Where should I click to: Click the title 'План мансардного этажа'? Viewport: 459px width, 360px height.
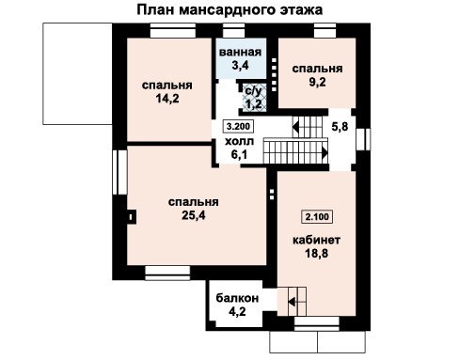[229, 9]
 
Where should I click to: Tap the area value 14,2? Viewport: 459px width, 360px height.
[167, 99]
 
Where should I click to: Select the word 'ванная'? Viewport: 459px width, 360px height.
[240, 52]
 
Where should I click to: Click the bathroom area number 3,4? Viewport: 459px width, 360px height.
[240, 65]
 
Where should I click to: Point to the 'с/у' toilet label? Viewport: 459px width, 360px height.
[253, 91]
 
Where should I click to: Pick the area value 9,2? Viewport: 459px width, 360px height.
[317, 82]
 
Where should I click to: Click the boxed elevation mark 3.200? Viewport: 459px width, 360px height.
[238, 126]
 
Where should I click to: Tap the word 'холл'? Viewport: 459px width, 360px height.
[239, 142]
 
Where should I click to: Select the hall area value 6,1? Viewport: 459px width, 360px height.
[239, 154]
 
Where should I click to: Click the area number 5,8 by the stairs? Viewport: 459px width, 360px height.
[340, 127]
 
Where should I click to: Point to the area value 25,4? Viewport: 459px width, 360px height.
[194, 215]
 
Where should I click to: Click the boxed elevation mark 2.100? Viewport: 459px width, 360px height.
[317, 216]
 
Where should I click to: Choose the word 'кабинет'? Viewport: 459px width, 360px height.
[316, 240]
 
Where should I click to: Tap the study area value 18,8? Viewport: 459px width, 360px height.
[317, 253]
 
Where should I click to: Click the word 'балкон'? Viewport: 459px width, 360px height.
[237, 298]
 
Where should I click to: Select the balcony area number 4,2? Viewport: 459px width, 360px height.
[237, 311]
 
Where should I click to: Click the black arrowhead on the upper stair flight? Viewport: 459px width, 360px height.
[295, 127]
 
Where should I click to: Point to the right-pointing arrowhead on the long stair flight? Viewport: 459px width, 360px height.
[324, 153]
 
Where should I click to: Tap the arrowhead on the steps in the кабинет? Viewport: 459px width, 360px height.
[292, 303]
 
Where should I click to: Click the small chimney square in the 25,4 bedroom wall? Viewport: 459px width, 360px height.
[131, 216]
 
